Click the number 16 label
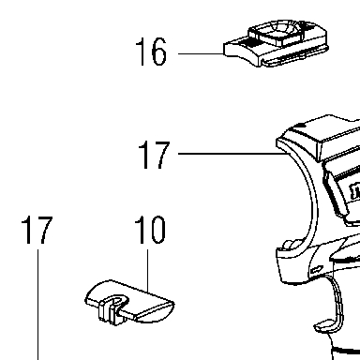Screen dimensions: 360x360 pyautogui.click(x=151, y=52)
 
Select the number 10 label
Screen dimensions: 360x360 pyautogui.click(x=150, y=230)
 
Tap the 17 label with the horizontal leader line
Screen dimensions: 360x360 pyautogui.click(x=154, y=155)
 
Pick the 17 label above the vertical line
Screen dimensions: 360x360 pyautogui.click(x=37, y=230)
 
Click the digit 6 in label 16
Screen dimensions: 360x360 pyautogui.click(x=158, y=52)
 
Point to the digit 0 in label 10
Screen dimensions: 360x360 pyautogui.click(x=157, y=230)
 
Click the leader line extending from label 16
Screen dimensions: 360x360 pyautogui.click(x=202, y=53)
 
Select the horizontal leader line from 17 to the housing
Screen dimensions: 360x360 pyautogui.click(x=232, y=154)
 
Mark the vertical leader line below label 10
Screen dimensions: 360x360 pyautogui.click(x=147, y=270)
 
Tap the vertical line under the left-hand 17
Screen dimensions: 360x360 pyautogui.click(x=38, y=305)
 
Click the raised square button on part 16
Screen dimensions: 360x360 pyautogui.click(x=276, y=33)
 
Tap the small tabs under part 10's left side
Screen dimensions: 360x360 pyautogui.click(x=107, y=312)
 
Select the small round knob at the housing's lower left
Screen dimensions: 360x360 pyautogui.click(x=292, y=245)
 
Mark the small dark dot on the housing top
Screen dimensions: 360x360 pyautogui.click(x=301, y=126)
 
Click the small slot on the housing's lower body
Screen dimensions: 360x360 pyautogui.click(x=317, y=269)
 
